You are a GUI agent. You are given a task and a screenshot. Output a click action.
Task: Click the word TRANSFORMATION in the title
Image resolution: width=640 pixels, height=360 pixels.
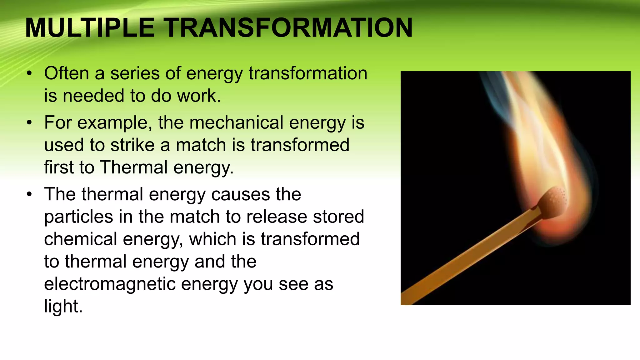tap(289, 28)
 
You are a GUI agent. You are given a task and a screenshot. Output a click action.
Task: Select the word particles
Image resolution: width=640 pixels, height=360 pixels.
tap(78, 217)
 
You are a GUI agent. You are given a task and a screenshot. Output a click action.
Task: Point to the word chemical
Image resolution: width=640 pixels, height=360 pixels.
tap(80, 239)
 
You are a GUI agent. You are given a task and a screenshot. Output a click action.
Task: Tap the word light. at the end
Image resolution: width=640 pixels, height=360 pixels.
tap(63, 306)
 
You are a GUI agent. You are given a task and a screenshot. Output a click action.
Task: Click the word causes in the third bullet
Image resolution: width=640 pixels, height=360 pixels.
tap(240, 194)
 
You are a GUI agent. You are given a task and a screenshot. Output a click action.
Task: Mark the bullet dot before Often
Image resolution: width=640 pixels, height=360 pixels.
tap(29, 74)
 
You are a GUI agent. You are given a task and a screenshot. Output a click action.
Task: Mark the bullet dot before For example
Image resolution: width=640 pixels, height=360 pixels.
tap(29, 123)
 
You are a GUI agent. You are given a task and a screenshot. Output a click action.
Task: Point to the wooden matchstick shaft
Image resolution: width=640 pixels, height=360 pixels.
tap(469, 256)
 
